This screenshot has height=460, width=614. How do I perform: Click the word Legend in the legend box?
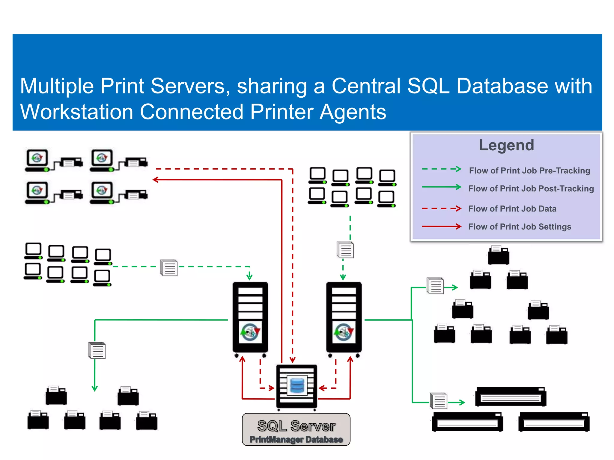tap(506, 145)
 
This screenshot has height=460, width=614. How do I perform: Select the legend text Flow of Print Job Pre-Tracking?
tap(529, 171)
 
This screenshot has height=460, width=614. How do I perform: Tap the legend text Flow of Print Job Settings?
tap(520, 227)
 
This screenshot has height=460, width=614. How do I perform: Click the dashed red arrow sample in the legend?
tap(441, 208)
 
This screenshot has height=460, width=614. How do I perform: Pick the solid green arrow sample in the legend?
tap(441, 187)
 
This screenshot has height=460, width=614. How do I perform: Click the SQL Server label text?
tap(296, 426)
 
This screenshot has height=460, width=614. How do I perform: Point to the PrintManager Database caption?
tap(296, 439)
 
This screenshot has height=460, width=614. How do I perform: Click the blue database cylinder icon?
tap(297, 385)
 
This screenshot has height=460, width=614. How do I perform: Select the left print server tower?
tap(250, 317)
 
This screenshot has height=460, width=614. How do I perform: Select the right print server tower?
tap(344, 317)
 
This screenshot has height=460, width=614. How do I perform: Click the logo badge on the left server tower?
tap(250, 332)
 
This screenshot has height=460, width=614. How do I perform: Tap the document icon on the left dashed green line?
tap(169, 268)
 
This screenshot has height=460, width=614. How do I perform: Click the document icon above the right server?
tap(345, 250)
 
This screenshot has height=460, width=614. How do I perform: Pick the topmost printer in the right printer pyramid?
tap(498, 255)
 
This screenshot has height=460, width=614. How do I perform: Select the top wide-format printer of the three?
tap(511, 397)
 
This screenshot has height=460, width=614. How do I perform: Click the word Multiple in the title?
tap(57, 86)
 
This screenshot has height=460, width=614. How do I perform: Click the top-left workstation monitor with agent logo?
tap(37, 159)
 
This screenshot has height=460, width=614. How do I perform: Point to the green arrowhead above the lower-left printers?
tap(95, 388)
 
